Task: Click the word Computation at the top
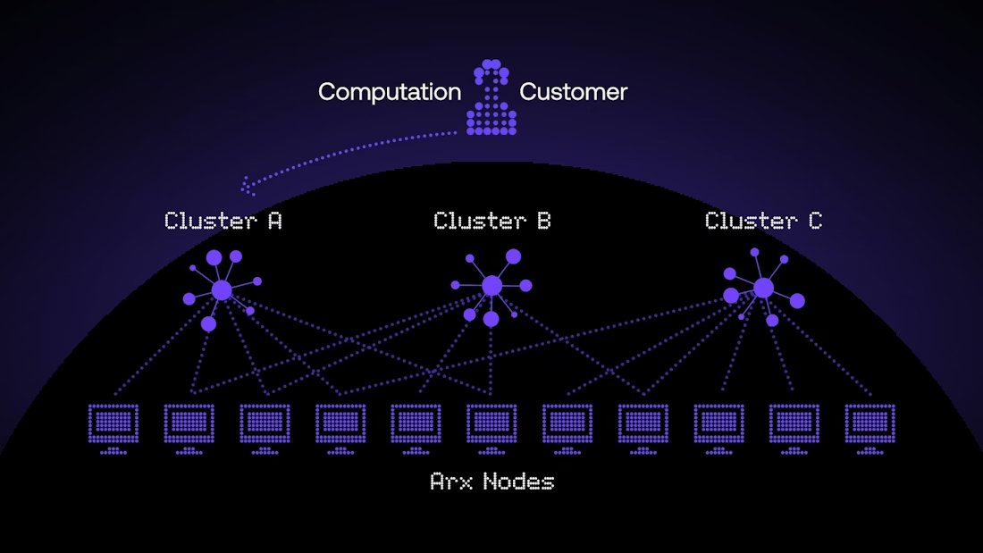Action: (x=390, y=92)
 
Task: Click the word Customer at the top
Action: (x=573, y=92)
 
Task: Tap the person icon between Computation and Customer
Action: (x=491, y=100)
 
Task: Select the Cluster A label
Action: (x=223, y=221)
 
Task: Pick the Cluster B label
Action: (x=492, y=221)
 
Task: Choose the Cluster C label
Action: (x=763, y=221)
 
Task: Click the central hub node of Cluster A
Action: (x=222, y=290)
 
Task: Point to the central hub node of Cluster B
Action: (x=491, y=286)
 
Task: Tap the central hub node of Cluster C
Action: (x=763, y=288)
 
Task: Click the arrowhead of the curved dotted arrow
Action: (x=247, y=189)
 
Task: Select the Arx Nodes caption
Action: (x=492, y=482)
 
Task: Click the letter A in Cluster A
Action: (x=274, y=221)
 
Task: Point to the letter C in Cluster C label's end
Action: (x=814, y=221)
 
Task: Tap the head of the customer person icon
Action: (x=491, y=71)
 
